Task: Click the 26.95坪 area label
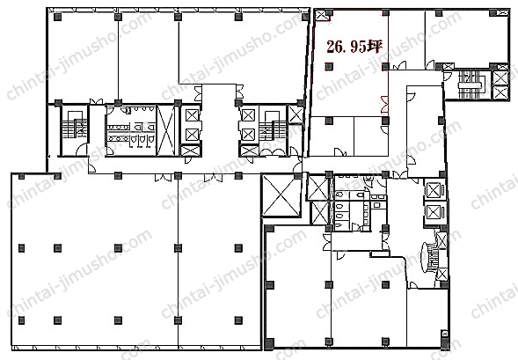coord(354,47)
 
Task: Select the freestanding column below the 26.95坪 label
coord(329,66)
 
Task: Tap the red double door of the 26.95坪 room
coord(384,105)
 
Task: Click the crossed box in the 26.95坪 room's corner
coord(320,15)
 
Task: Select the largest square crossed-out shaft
coord(281,195)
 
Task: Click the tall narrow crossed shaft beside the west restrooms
coord(165,130)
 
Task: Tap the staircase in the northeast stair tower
coord(471,85)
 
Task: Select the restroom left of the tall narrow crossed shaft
coord(131,130)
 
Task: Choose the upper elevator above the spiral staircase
coord(434,190)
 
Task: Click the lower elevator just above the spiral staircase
coord(434,212)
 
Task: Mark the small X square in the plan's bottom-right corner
coord(444,334)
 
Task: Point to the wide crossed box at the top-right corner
coord(503,13)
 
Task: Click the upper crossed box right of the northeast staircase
coord(500,78)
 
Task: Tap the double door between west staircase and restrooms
coord(96,101)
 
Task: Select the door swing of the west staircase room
coord(81,150)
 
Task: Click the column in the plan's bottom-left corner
coord(21,320)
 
